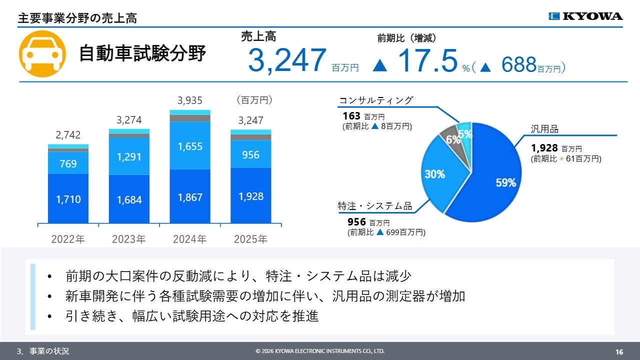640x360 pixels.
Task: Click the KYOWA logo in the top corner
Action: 585,16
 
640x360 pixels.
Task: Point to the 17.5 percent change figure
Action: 428,61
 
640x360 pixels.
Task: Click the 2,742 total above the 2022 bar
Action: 68,135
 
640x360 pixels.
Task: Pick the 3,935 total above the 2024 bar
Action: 190,100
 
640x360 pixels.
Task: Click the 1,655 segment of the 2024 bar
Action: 190,146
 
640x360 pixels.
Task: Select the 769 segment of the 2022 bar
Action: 68,163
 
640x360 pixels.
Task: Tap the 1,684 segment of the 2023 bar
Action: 129,199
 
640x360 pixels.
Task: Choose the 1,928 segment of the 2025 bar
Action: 251,196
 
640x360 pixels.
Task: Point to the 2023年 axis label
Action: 129,239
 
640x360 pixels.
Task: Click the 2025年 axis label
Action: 251,239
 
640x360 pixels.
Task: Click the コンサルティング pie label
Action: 376,100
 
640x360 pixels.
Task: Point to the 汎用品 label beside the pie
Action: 544,129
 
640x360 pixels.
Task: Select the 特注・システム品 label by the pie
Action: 375,206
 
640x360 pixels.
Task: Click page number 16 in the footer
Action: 619,351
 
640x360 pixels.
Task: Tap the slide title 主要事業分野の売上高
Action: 77,18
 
